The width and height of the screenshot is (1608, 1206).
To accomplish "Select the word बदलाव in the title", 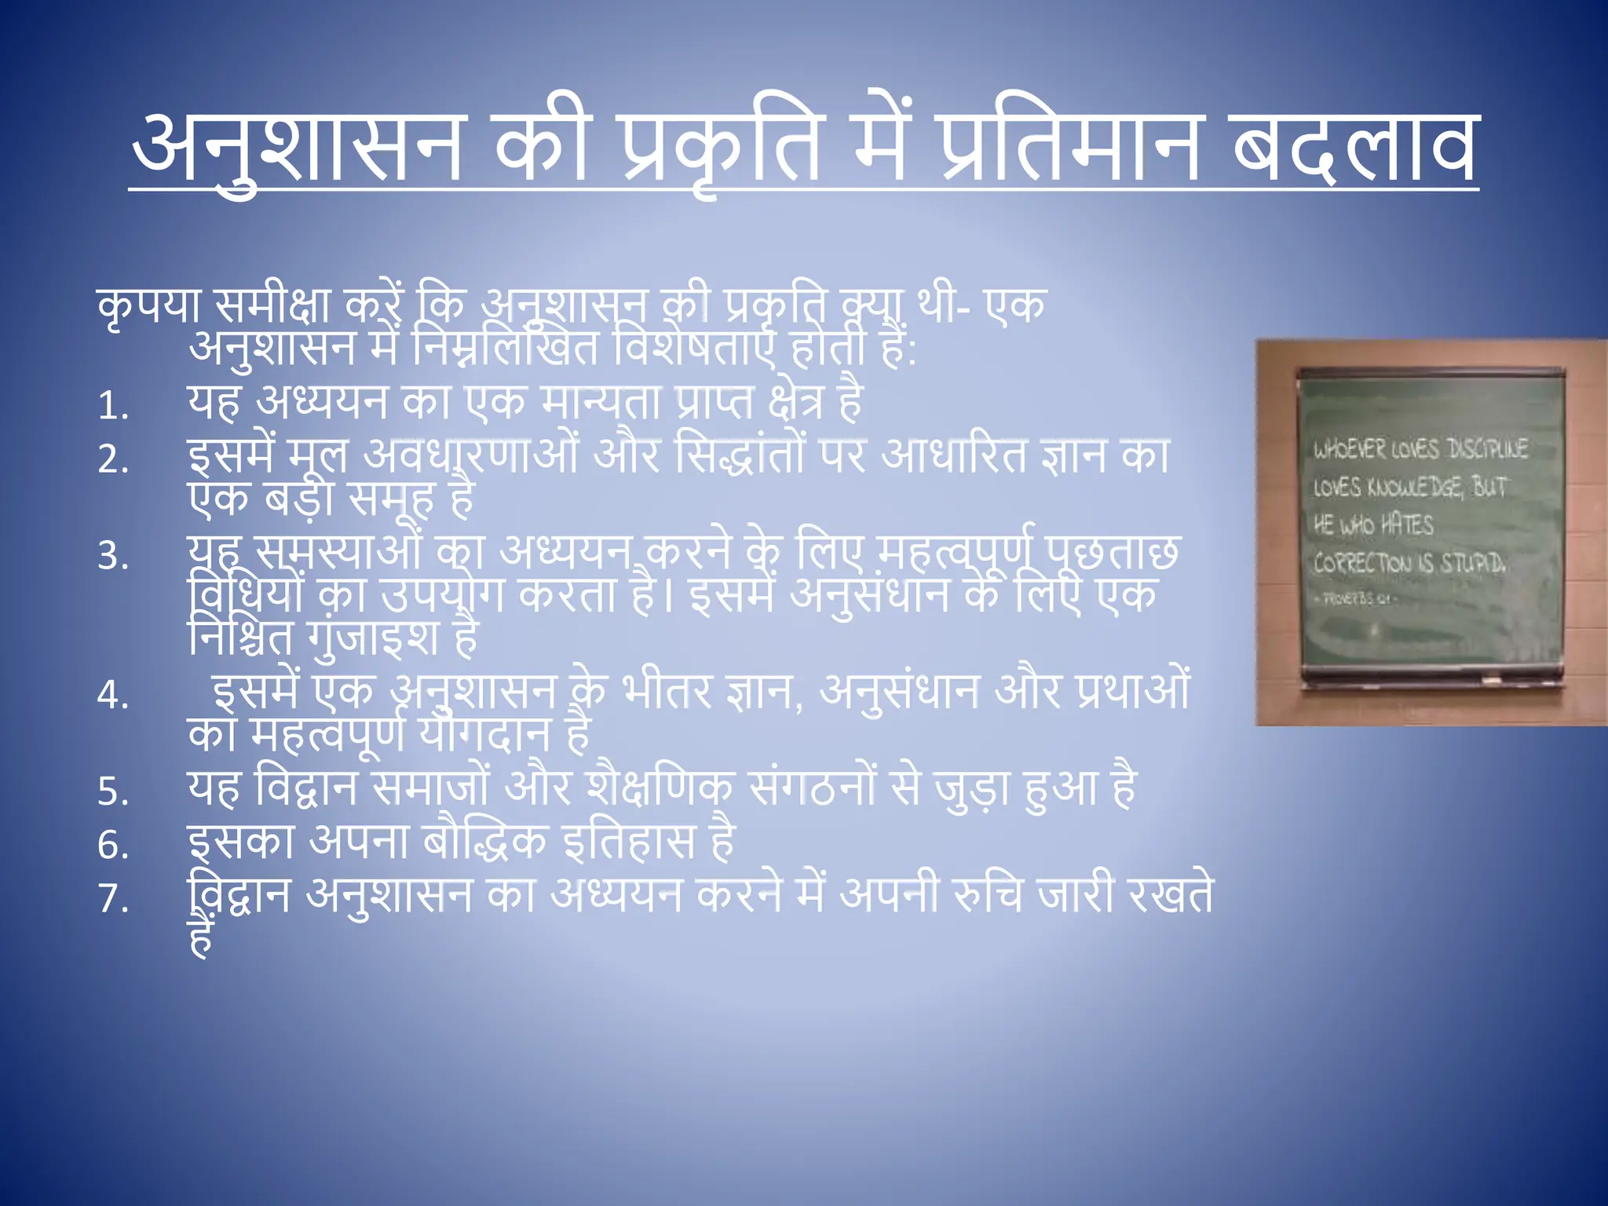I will [x=1354, y=145].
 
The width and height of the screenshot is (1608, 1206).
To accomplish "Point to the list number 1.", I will [x=113, y=407].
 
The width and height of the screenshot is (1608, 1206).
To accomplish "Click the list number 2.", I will [x=113, y=459].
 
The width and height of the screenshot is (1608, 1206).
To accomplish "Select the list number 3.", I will [x=113, y=557].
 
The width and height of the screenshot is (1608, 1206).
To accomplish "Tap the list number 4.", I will [x=113, y=696].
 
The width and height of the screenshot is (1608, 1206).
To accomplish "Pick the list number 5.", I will [x=113, y=791].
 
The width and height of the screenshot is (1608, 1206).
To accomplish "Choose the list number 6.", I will [x=113, y=846].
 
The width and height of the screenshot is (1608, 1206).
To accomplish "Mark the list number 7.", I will [x=113, y=898].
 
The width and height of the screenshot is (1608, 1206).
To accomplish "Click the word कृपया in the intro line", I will [x=149, y=306].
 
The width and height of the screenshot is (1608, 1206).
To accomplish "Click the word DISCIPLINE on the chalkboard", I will [x=1488, y=449].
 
